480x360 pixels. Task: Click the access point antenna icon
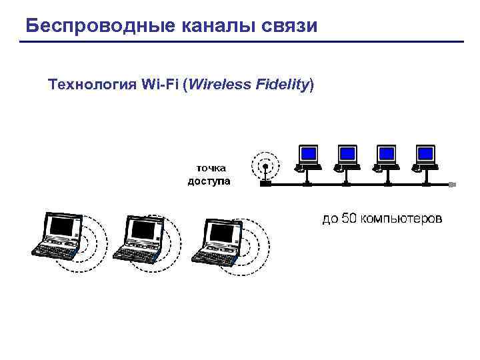tap(265, 167)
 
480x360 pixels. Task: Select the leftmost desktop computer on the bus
tap(308, 157)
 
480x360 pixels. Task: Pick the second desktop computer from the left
tap(347, 157)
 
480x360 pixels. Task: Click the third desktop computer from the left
tap(385, 157)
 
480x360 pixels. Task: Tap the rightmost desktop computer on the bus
tap(424, 157)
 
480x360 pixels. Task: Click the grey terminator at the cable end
tap(451, 183)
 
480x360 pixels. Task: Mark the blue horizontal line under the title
tap(241, 42)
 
